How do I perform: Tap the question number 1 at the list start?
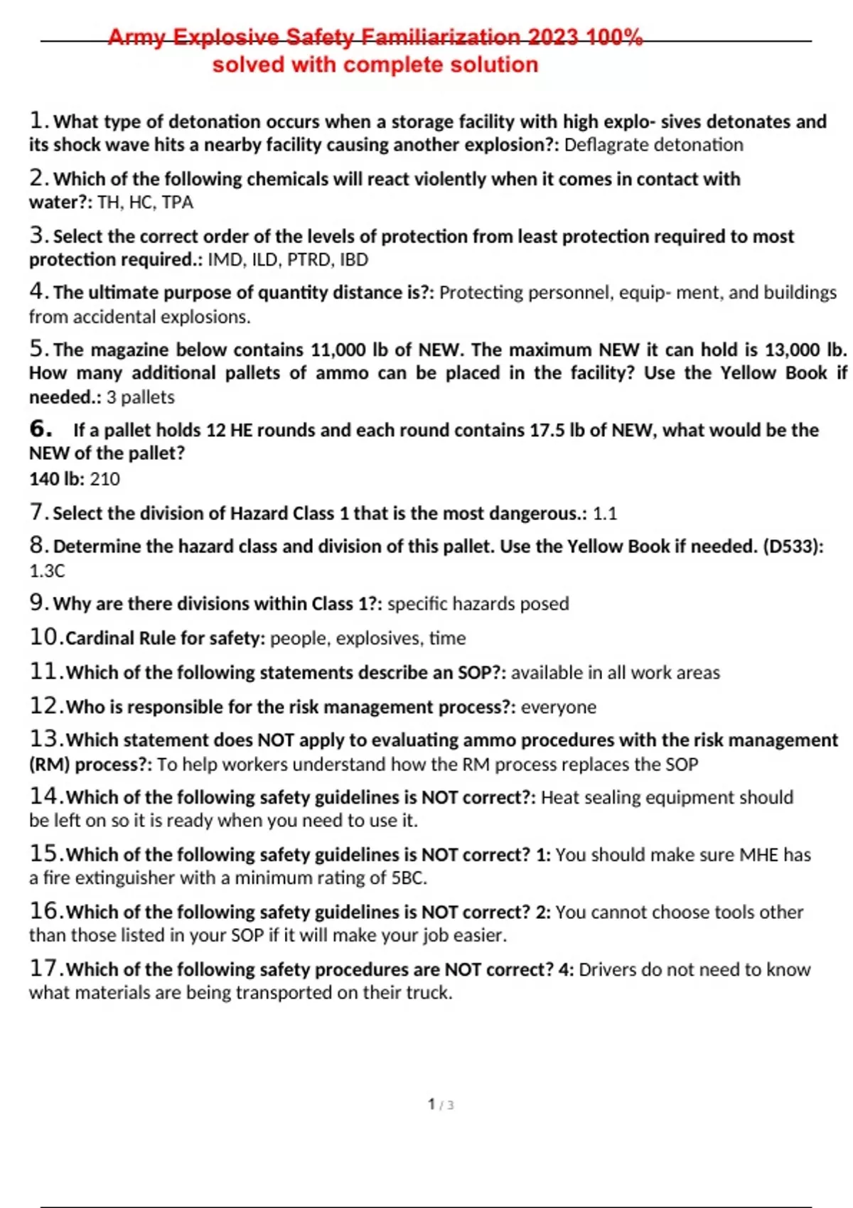coord(38,121)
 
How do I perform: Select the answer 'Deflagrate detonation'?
coord(653,145)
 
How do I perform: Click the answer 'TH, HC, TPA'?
coord(145,203)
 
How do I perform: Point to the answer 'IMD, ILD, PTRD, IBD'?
coord(288,260)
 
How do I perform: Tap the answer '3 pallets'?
coord(140,397)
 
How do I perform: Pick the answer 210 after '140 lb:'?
coord(104,480)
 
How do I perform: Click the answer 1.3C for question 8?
coord(47,571)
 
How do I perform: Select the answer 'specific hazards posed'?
coord(478,604)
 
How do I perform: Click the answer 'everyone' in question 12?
coord(558,707)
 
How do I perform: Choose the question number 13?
coord(45,740)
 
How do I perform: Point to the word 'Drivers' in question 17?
coord(607,970)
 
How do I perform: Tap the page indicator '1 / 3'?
coord(441,1104)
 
